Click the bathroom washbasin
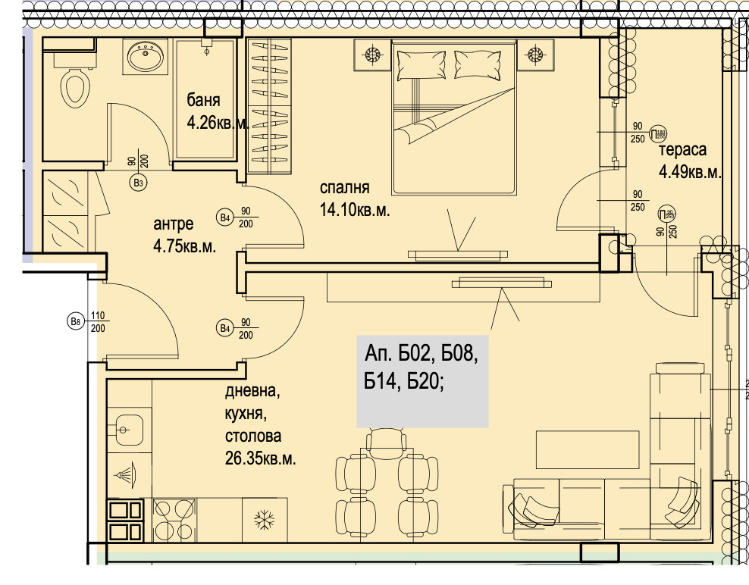(144, 56)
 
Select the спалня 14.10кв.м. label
(354, 199)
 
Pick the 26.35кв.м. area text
(260, 458)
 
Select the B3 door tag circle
(138, 183)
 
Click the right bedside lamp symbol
(536, 55)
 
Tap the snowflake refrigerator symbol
(264, 520)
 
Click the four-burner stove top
(174, 519)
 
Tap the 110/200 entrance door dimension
(98, 323)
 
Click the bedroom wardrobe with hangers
(269, 99)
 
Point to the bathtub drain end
(206, 53)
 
